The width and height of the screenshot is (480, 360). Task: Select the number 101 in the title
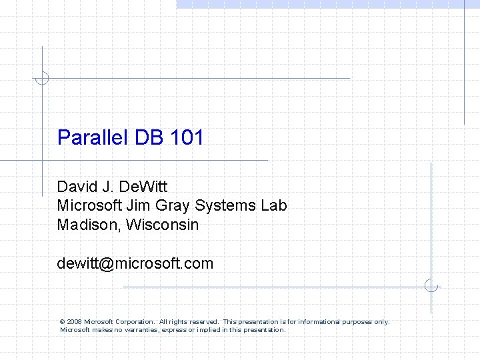click(187, 138)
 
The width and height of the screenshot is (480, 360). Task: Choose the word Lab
click(274, 205)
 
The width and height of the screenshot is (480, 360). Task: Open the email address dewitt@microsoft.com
click(135, 263)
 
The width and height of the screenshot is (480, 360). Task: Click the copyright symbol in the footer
click(62, 322)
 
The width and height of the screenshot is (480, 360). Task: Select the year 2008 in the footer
click(74, 322)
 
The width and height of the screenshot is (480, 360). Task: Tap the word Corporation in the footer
click(135, 322)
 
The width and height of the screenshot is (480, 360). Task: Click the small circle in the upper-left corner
click(42, 78)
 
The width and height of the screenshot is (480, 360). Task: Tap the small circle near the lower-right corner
click(431, 286)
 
